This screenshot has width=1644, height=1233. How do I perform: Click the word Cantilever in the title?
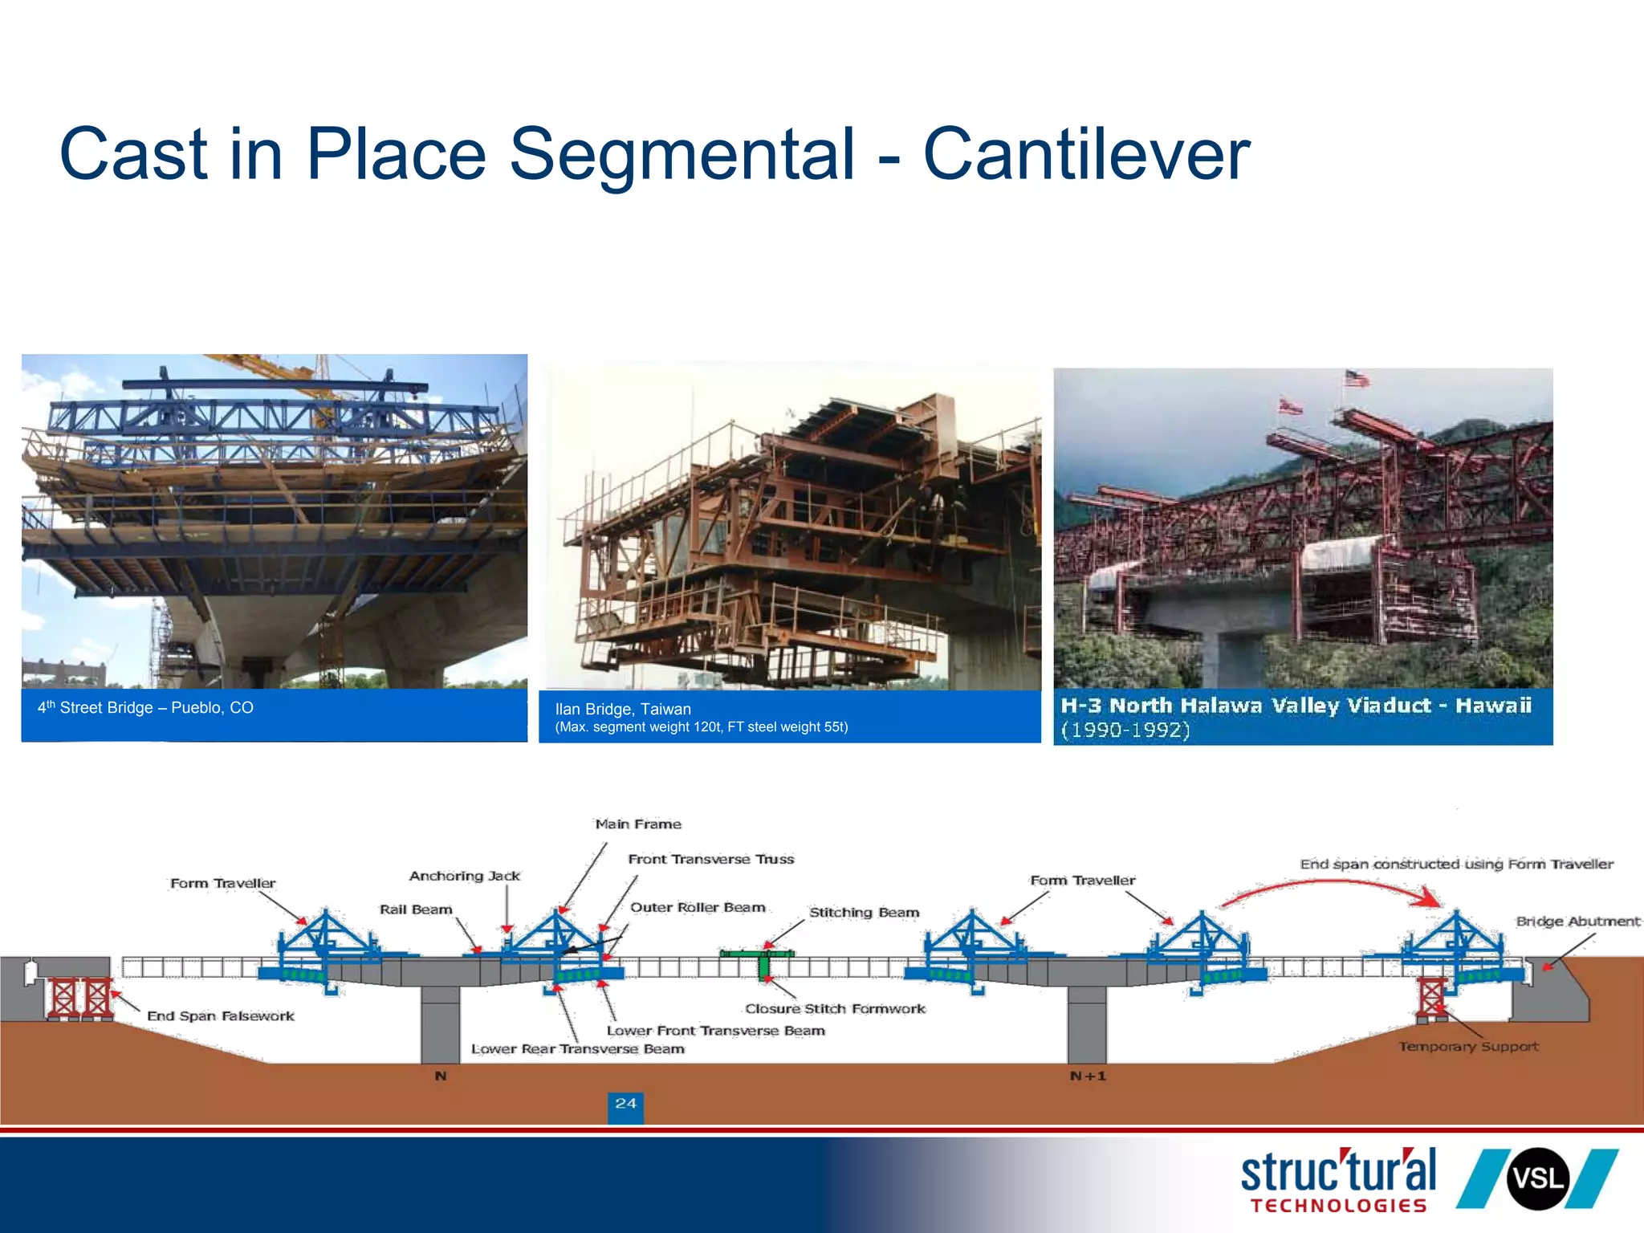pos(1086,154)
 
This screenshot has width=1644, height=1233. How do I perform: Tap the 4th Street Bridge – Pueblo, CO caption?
pos(145,708)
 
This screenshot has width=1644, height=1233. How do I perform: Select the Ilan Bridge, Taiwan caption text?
pos(623,710)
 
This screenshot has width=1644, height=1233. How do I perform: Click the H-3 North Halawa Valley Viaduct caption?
pos(1295,706)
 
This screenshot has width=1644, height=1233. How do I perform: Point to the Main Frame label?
pos(638,824)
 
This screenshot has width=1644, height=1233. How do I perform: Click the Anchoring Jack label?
pos(465,876)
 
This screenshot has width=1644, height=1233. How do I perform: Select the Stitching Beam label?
pos(864,913)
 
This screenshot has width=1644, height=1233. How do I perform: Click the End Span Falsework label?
pos(221,1016)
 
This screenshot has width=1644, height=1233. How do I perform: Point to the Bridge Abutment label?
pos(1577,922)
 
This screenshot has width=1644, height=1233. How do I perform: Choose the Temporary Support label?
pos(1468,1047)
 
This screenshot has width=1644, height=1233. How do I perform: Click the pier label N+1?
pos(1088,1076)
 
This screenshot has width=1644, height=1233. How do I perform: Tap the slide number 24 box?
pos(625,1105)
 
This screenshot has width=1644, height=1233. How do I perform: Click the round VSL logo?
pos(1537,1179)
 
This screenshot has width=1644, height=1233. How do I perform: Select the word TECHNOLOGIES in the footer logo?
pos(1338,1206)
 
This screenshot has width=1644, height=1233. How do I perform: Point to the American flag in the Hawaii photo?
pos(1357,379)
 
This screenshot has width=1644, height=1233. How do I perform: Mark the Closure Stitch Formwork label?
pos(835,1009)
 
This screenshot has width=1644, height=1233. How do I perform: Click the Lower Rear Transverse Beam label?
pos(578,1049)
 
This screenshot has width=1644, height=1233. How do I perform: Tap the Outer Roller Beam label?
pos(698,908)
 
